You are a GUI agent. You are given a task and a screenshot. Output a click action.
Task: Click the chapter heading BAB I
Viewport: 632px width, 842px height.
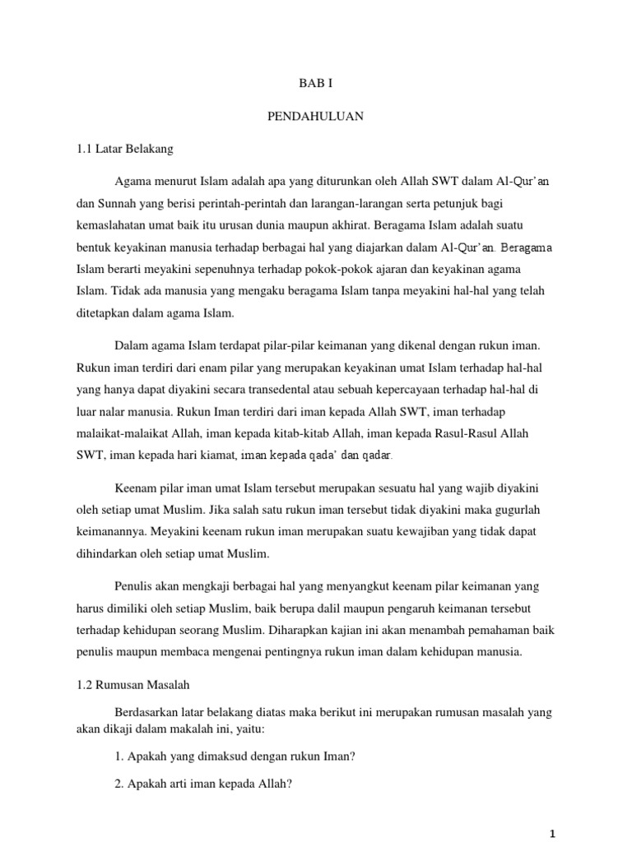click(x=315, y=84)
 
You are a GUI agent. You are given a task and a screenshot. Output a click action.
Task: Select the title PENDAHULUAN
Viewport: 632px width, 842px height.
click(x=315, y=117)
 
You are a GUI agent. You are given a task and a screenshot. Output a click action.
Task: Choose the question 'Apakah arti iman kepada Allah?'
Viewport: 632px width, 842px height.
click(x=205, y=784)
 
